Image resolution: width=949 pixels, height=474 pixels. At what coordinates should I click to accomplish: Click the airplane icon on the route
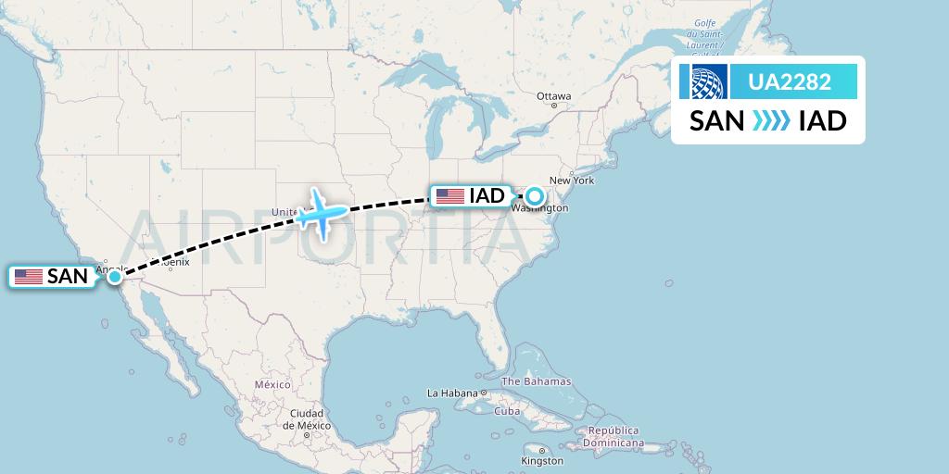pos(322,213)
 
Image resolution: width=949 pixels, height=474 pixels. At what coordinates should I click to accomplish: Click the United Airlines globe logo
pos(702,82)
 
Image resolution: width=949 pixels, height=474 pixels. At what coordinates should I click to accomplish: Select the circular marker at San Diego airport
pos(114,276)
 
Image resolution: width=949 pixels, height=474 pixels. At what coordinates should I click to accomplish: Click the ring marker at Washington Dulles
pos(535,195)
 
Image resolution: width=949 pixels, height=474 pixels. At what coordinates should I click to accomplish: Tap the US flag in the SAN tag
pos(29,276)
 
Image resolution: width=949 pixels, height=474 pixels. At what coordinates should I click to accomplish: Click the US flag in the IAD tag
pos(450,195)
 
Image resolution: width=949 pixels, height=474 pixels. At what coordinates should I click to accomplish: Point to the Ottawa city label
pos(554,96)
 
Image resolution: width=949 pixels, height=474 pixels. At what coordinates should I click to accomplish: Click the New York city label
pos(571,181)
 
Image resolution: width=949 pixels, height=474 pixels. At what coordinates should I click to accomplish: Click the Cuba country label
pos(507,411)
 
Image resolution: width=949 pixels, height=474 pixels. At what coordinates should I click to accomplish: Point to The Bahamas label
pos(536,381)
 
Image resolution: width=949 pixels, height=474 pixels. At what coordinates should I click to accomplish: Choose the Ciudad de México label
pos(306,418)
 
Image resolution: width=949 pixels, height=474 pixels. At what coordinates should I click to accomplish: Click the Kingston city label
pos(541,460)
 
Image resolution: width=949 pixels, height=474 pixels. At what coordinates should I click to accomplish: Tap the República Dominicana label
pos(614,436)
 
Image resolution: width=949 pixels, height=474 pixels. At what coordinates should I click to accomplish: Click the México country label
pos(272,384)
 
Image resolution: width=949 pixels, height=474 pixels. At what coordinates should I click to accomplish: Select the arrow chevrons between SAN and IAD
pos(770,120)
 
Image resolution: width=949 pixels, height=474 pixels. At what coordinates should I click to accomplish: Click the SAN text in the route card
pos(716,120)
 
